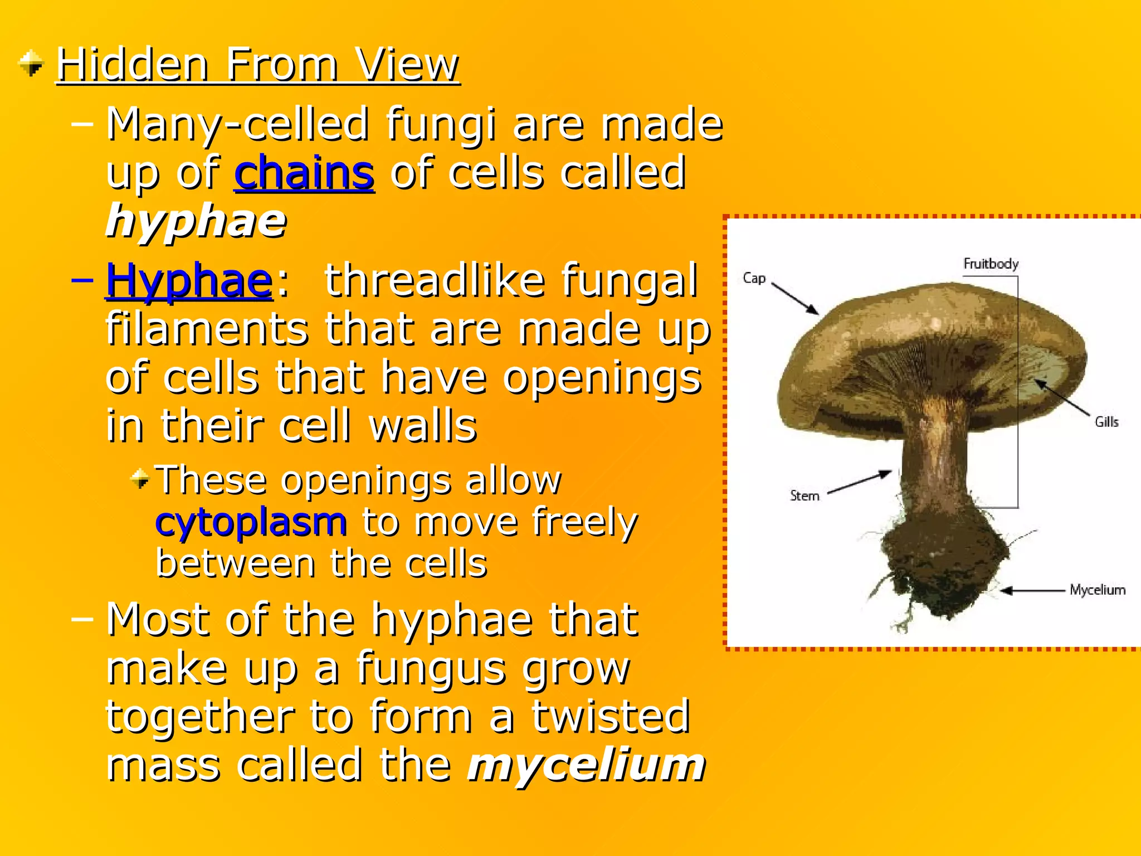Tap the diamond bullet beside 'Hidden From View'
(31, 63)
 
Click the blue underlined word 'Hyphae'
(189, 280)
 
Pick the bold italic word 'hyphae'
(196, 221)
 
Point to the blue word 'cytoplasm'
(251, 522)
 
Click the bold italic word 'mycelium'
(587, 765)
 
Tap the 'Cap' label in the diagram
(754, 278)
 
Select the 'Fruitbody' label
(991, 264)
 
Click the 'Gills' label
(1106, 422)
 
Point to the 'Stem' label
(804, 495)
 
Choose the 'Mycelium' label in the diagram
(1097, 590)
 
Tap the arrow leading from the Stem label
(860, 483)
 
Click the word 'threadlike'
(435, 280)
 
